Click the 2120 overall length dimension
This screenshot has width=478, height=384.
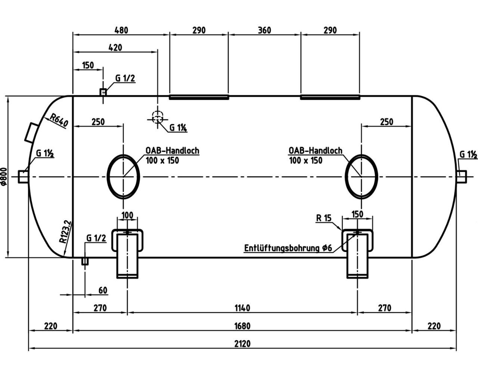click(x=242, y=343)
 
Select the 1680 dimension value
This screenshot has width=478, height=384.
click(x=242, y=326)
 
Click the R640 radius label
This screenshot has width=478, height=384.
click(x=58, y=120)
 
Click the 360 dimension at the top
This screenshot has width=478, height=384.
click(x=264, y=30)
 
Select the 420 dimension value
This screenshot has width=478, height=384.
click(x=115, y=47)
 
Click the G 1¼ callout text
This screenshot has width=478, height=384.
click(x=178, y=128)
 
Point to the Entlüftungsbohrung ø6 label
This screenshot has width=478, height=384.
click(x=288, y=248)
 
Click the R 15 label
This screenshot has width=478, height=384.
click(x=324, y=218)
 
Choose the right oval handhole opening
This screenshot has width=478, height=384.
click(x=361, y=176)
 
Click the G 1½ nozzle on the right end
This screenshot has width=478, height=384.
click(x=462, y=176)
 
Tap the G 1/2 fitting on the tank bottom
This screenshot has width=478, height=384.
click(x=85, y=261)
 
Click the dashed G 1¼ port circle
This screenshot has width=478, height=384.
click(x=158, y=117)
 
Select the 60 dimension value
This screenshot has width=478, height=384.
click(x=103, y=290)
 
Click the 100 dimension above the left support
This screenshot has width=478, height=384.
click(x=127, y=215)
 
